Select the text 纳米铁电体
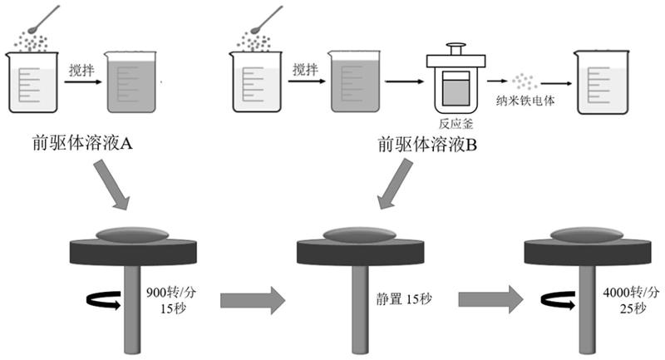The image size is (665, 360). [525, 100]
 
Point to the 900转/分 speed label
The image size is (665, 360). [170, 293]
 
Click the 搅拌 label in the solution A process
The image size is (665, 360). [81, 70]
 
